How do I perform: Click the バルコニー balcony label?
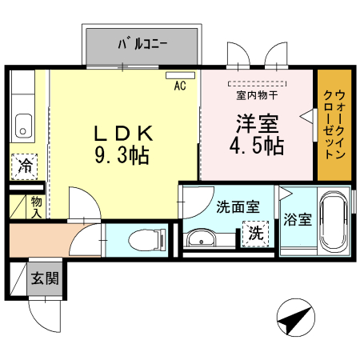coord(142,44)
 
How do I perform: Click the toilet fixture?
coord(147,239)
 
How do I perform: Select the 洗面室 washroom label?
coord(238,206)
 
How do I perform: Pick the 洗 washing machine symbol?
coord(254,234)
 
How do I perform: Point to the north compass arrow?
coord(293,321)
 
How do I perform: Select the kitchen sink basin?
coord(22,125)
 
